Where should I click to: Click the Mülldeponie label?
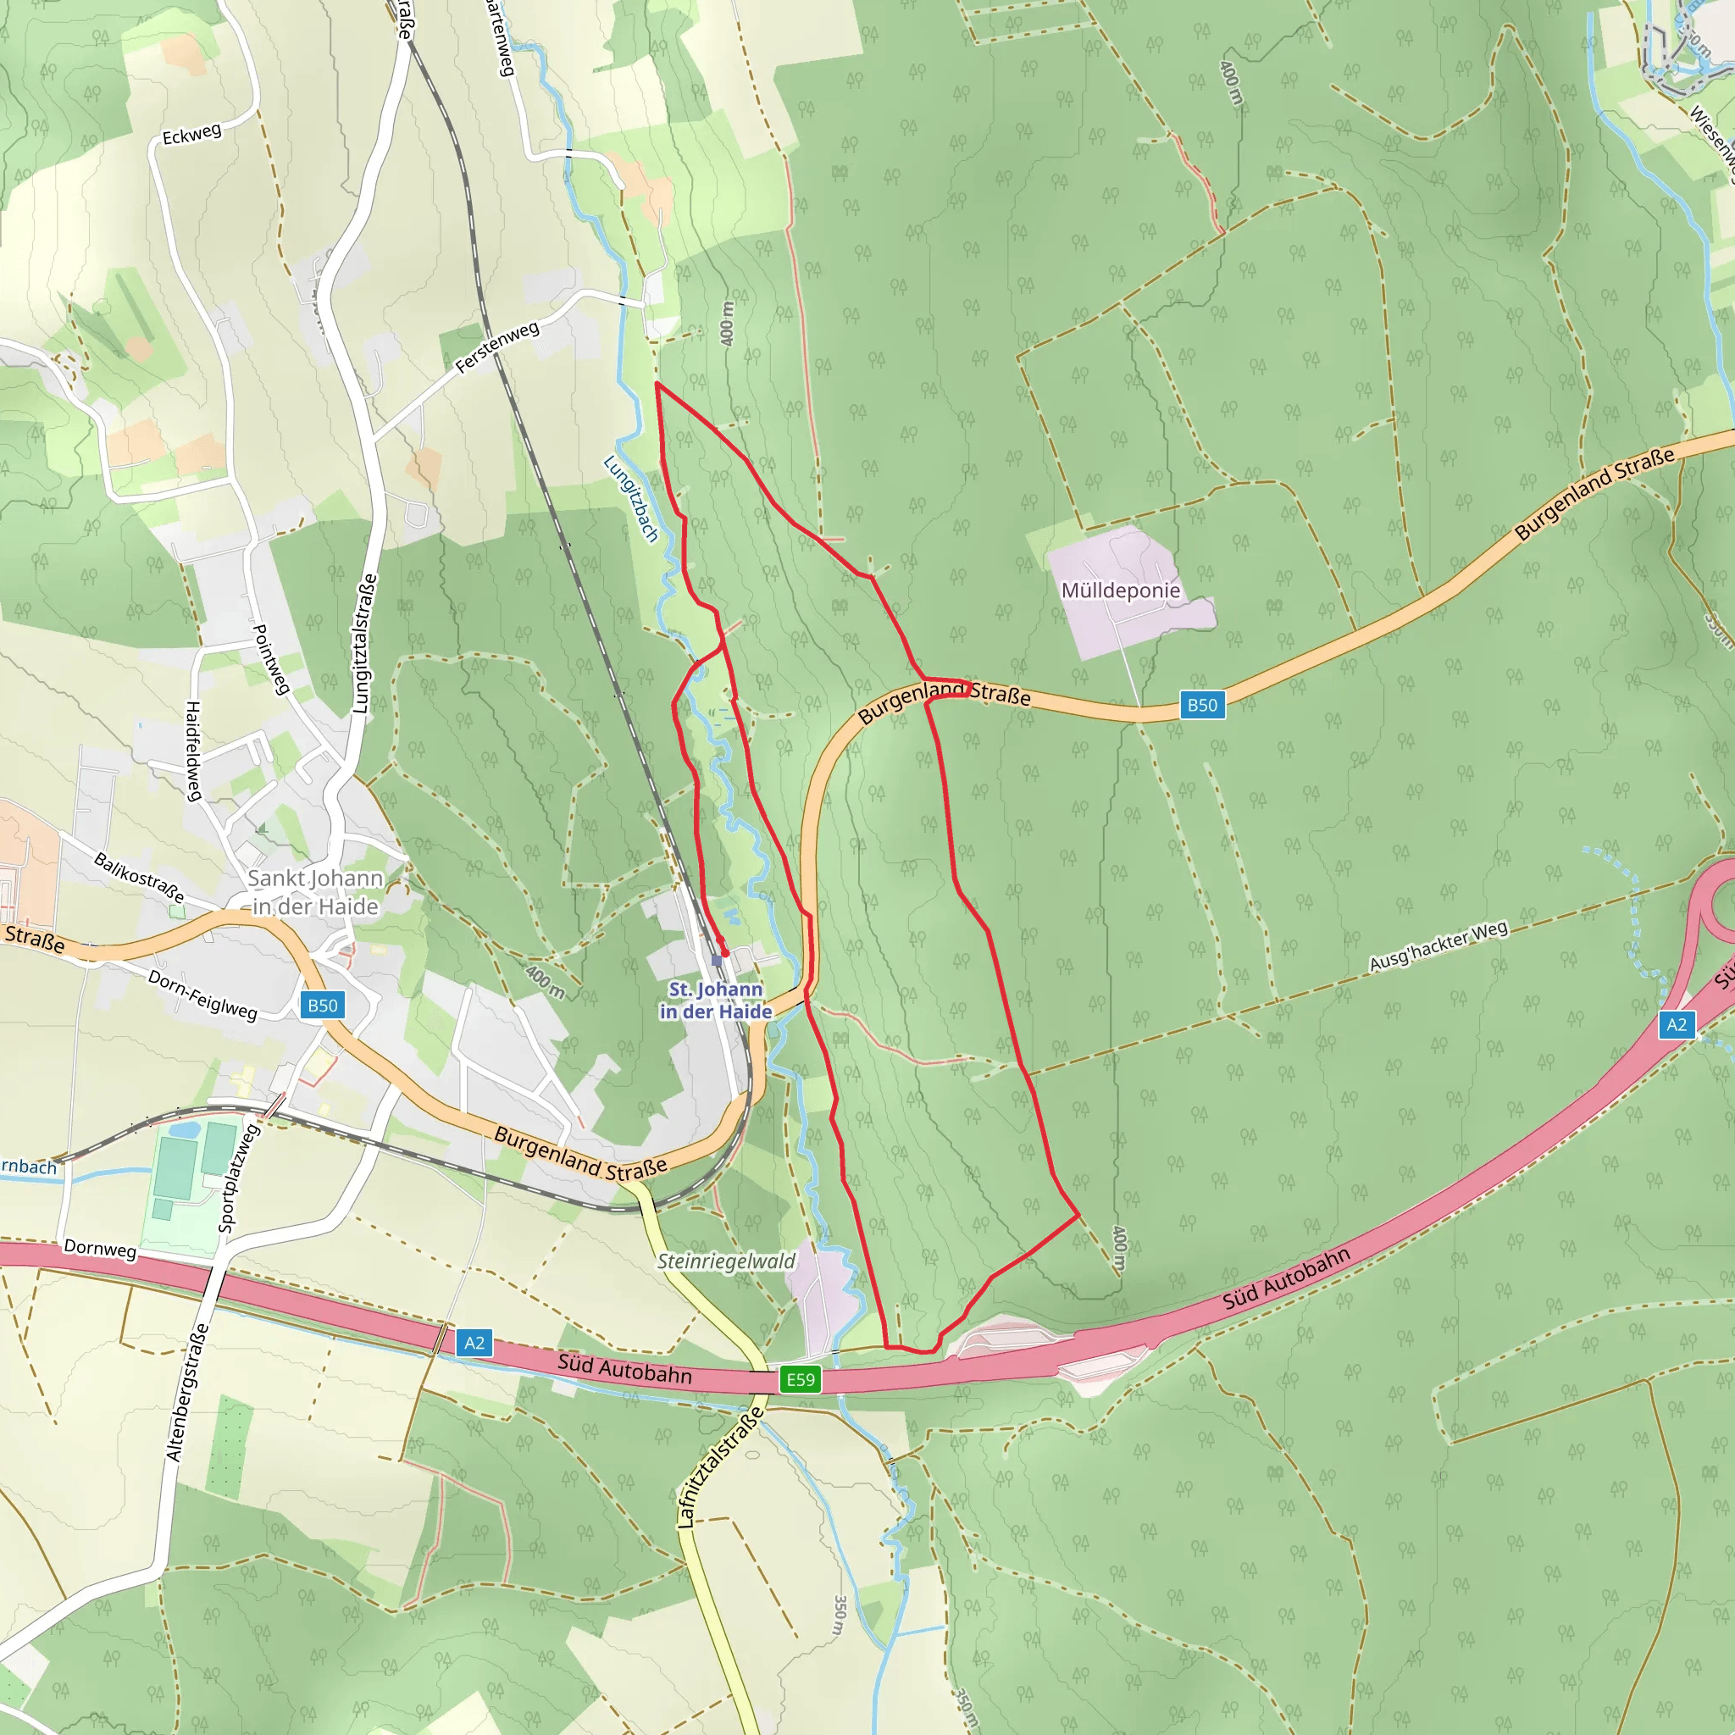tap(1120, 590)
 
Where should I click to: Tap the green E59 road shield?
tap(800, 1379)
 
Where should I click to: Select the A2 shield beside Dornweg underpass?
tap(474, 1343)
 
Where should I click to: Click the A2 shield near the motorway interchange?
tap(1676, 1025)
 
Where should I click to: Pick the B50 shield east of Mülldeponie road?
tap(1201, 705)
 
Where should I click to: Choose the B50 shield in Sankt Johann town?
tap(323, 1005)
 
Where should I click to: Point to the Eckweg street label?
tap(191, 135)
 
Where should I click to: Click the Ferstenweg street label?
tap(496, 346)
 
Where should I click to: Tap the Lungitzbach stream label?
tap(630, 498)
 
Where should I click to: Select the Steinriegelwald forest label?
tap(726, 1261)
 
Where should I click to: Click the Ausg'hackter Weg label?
tap(1438, 946)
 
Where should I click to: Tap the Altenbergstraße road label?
tap(186, 1392)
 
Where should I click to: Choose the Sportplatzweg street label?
tap(239, 1177)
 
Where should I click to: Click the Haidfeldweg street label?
tap(193, 751)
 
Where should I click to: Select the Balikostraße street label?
tap(139, 878)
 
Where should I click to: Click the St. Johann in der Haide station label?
tap(716, 1000)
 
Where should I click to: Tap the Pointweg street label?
tap(270, 659)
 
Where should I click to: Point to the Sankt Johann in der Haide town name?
tap(315, 892)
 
